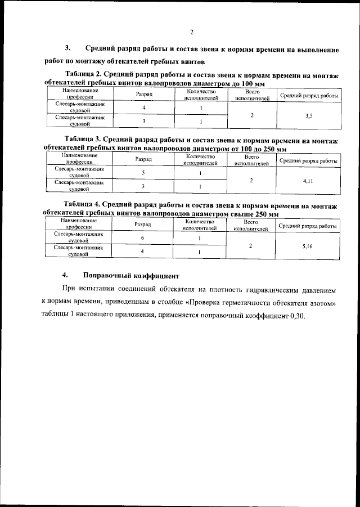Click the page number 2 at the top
191,32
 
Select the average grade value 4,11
308,181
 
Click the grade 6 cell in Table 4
143,239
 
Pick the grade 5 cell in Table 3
143,173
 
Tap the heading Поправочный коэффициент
131,276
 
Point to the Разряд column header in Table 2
144,94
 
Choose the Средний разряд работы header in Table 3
308,160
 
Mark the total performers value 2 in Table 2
252,115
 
